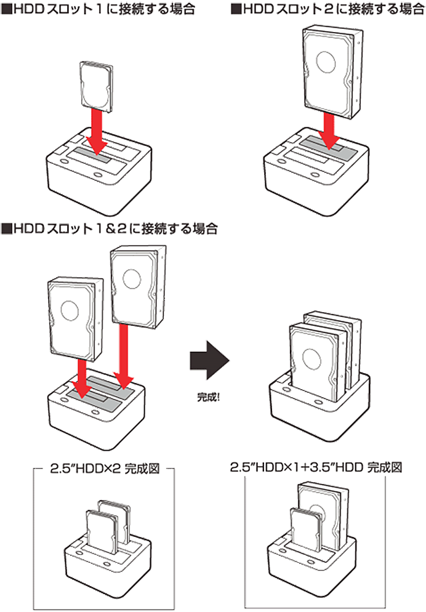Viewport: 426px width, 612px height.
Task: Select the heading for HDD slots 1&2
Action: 111,229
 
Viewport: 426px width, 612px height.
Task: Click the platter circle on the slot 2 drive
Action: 324,62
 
